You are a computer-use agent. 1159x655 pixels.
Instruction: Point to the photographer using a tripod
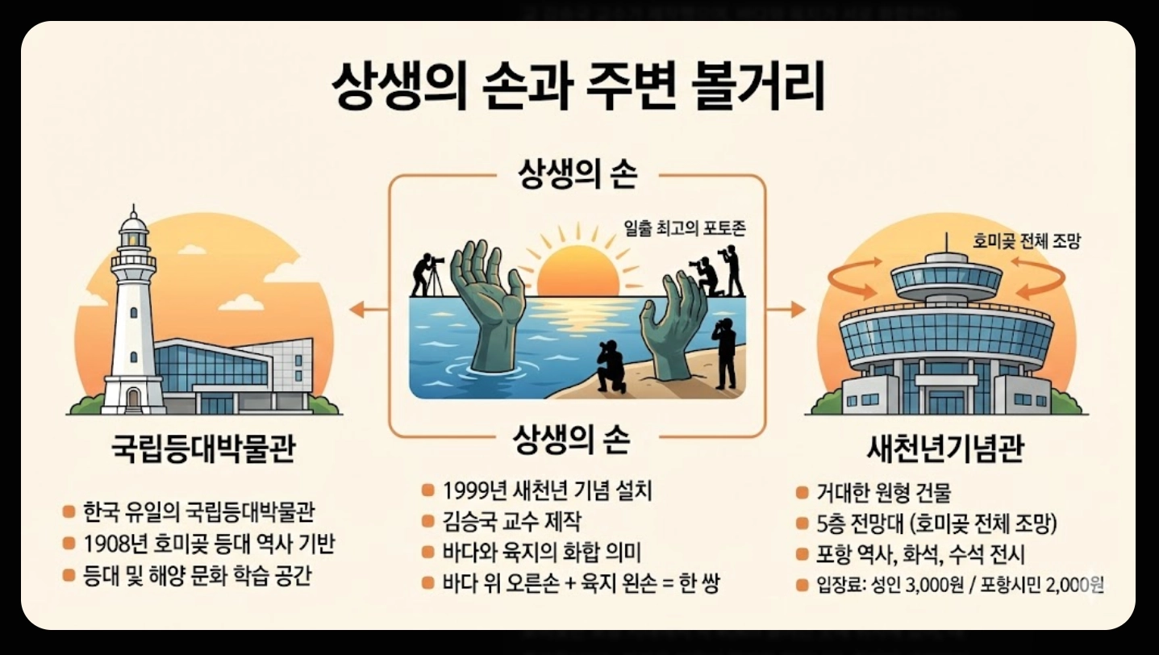(x=427, y=274)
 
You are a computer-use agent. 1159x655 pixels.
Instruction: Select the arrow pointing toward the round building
(x=786, y=308)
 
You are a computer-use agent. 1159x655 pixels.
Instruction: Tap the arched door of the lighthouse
(x=133, y=397)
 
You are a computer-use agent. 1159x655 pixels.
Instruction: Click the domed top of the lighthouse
(x=133, y=222)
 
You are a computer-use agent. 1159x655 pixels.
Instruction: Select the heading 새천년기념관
(x=944, y=448)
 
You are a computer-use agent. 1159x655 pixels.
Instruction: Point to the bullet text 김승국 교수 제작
(x=512, y=521)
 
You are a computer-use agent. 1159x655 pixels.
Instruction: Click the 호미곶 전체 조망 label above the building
(x=1015, y=240)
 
